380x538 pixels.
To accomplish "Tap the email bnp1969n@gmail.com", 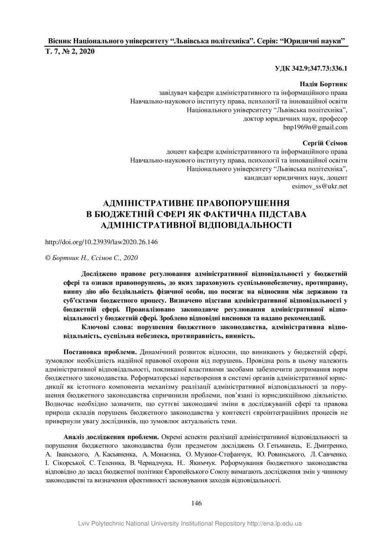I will [315, 127].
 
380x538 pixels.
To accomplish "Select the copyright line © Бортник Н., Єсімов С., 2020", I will [92, 258].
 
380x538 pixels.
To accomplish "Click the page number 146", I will [196, 503].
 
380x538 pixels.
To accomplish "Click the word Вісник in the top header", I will [59, 41].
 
